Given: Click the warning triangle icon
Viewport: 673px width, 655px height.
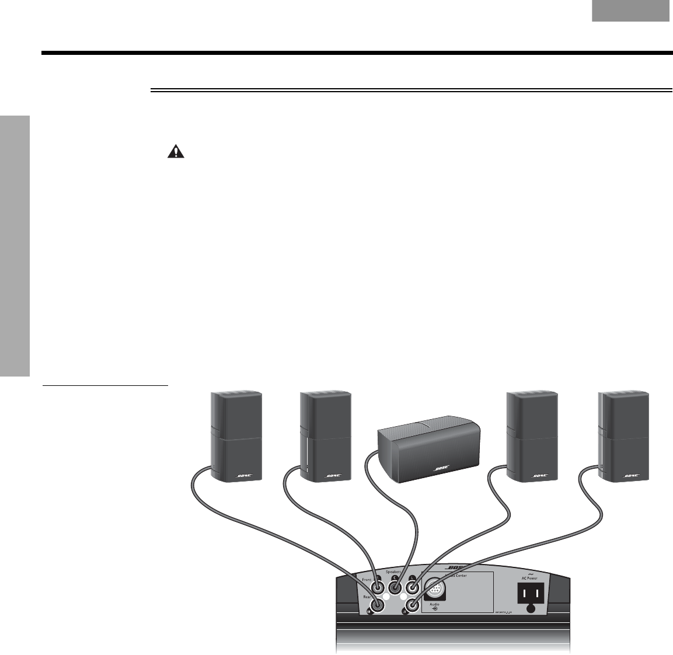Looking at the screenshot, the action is [175, 152].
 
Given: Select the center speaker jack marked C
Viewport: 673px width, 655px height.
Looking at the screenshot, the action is [395, 581].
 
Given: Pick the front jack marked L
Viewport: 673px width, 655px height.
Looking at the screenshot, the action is [413, 581].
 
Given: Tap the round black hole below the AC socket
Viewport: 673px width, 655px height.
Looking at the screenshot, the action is [531, 609].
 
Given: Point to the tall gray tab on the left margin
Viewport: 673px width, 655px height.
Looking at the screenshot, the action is [15, 246].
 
